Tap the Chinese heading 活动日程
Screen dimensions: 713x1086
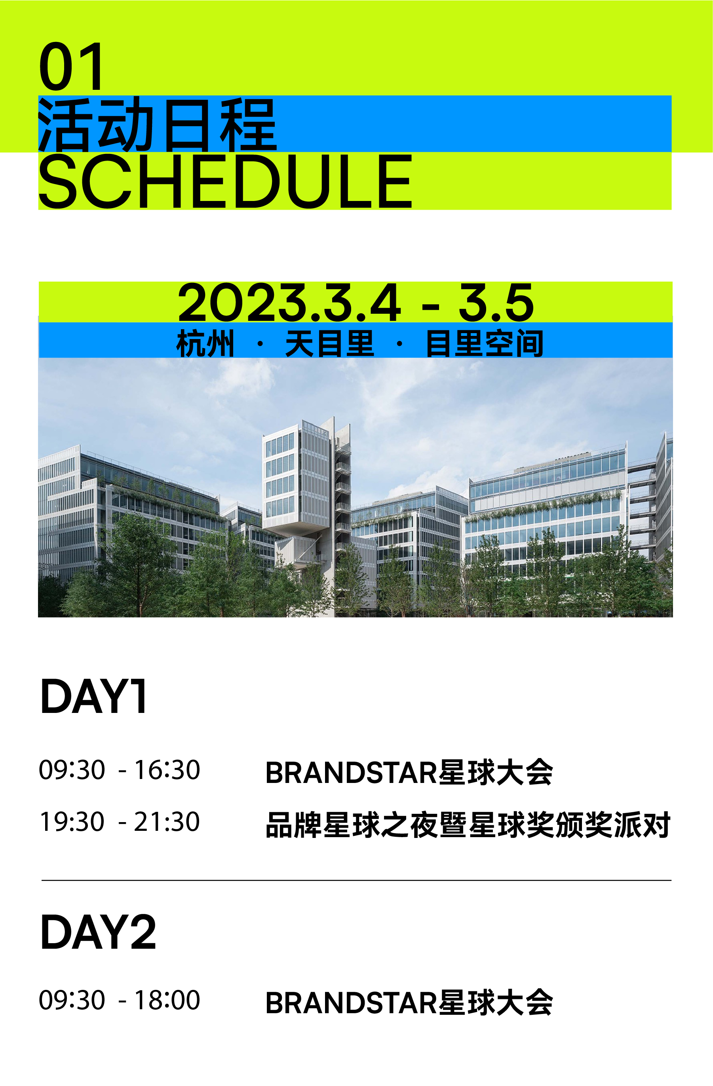[x=158, y=124]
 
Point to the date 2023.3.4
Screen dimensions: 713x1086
[x=289, y=302]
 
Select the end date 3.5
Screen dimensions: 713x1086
[x=496, y=302]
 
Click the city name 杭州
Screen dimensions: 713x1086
[x=205, y=343]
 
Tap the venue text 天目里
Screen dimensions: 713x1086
[x=329, y=343]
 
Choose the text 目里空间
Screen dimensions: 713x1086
[x=484, y=343]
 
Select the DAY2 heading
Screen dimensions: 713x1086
[x=98, y=932]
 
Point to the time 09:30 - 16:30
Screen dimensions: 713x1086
[x=120, y=770]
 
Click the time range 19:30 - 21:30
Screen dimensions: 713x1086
[x=120, y=822]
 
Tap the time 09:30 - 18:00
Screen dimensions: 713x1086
[x=120, y=1000]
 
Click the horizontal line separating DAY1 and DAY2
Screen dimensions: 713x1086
[x=356, y=880]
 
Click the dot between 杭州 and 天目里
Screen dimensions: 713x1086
[x=260, y=343]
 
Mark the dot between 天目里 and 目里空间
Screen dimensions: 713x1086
[x=399, y=343]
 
